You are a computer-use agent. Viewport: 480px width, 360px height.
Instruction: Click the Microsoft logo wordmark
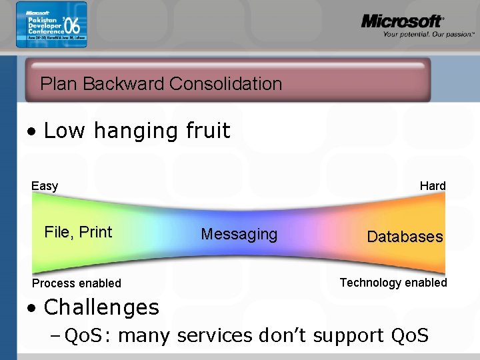tap(401, 21)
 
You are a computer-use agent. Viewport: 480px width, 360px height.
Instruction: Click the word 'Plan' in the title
tap(55, 84)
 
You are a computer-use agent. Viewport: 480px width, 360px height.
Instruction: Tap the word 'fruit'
tap(206, 131)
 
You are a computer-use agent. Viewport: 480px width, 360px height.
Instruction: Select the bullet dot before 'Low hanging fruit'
tap(31, 131)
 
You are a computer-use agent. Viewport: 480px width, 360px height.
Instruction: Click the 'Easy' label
tap(45, 186)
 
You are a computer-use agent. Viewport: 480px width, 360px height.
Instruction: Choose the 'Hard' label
tap(433, 186)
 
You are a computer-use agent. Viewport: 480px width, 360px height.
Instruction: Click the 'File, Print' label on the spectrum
tap(78, 232)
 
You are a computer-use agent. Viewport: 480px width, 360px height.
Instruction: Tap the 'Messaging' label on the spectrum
tap(239, 234)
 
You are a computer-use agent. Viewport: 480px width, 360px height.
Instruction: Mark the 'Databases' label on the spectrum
tap(405, 237)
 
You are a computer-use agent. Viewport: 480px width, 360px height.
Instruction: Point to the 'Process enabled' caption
tap(77, 283)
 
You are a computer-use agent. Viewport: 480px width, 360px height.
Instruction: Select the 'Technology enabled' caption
tap(393, 283)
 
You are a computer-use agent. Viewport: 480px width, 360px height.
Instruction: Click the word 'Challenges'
tap(101, 307)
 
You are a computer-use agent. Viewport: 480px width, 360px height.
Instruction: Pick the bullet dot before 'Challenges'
tap(31, 308)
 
